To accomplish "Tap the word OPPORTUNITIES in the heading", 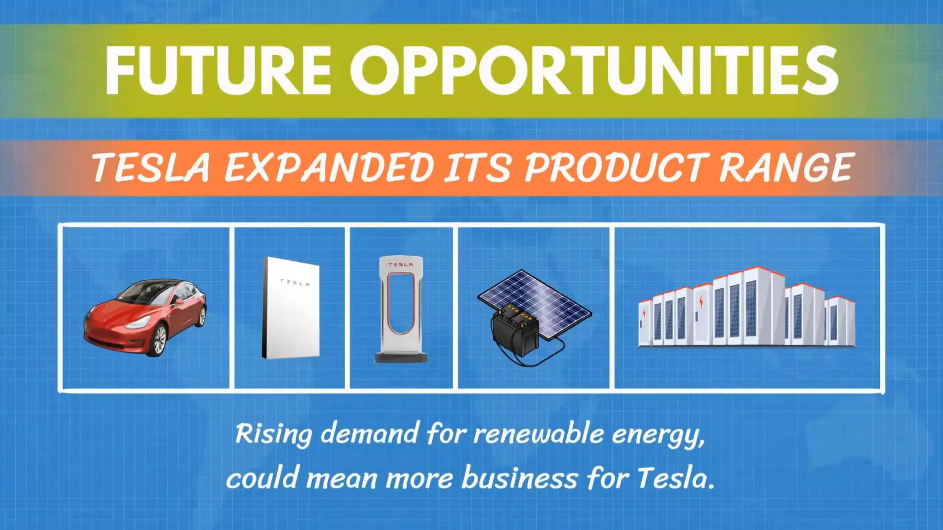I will pos(594,70).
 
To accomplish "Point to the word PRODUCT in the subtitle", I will pos(617,167).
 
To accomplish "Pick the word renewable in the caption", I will pos(539,434).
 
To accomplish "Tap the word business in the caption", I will pos(519,478).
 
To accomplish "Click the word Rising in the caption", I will pos(274,434).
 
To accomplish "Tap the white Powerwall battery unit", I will pos(291,308).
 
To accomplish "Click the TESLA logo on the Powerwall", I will pos(295,282).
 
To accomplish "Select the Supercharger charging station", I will pos(401,308).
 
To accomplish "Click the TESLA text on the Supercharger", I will pos(401,265).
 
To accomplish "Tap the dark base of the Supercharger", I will pos(401,357).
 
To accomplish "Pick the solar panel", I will pos(543,299).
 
